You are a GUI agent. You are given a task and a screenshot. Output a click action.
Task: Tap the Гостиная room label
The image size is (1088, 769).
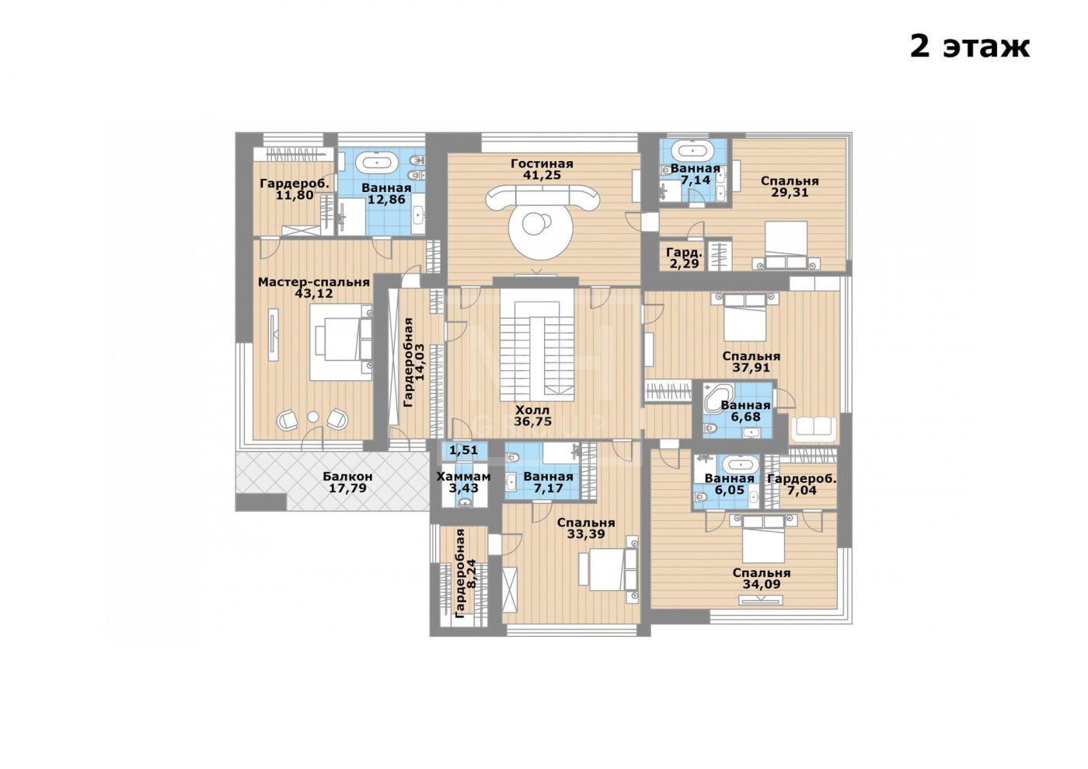pyautogui.click(x=542, y=163)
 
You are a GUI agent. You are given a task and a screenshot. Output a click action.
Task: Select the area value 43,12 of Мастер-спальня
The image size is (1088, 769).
pyautogui.click(x=314, y=293)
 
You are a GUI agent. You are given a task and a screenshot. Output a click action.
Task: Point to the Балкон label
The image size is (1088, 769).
pyautogui.click(x=348, y=476)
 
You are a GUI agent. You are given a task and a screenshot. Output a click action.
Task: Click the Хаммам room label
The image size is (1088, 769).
pyautogui.click(x=463, y=477)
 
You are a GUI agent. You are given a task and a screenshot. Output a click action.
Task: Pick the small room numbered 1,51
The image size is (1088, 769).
pyautogui.click(x=463, y=450)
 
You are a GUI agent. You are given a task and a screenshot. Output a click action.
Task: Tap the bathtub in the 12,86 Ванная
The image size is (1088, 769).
pyautogui.click(x=377, y=162)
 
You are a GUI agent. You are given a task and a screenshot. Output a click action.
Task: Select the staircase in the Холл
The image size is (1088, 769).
pyautogui.click(x=537, y=349)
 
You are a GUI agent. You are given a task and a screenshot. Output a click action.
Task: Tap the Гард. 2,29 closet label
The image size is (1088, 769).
pyautogui.click(x=684, y=258)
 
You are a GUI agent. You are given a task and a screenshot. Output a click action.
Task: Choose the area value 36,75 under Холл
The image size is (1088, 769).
pyautogui.click(x=533, y=421)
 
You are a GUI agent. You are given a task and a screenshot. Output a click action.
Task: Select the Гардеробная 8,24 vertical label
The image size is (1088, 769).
pyautogui.click(x=460, y=574)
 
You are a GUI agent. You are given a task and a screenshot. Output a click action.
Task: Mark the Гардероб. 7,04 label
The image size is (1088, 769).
pyautogui.click(x=802, y=484)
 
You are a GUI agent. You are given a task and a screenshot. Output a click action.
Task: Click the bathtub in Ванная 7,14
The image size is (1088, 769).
pyautogui.click(x=696, y=150)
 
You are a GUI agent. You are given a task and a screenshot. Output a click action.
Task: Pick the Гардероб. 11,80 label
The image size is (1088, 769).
pyautogui.click(x=295, y=189)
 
